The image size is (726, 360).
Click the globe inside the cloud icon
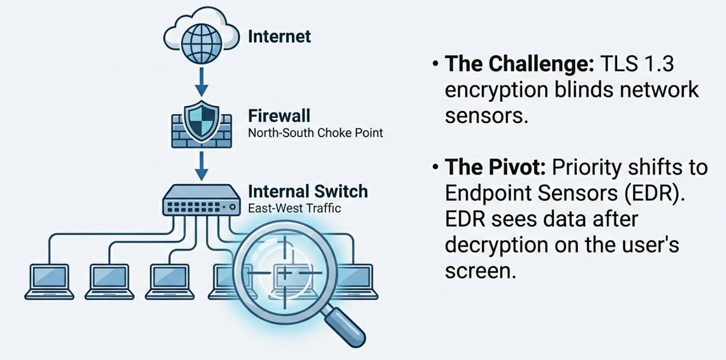click(202, 40)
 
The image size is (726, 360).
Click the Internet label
click(279, 36)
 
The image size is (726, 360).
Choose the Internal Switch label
click(307, 191)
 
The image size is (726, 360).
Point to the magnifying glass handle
click(342, 322)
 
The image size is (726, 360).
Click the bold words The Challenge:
click(518, 64)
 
